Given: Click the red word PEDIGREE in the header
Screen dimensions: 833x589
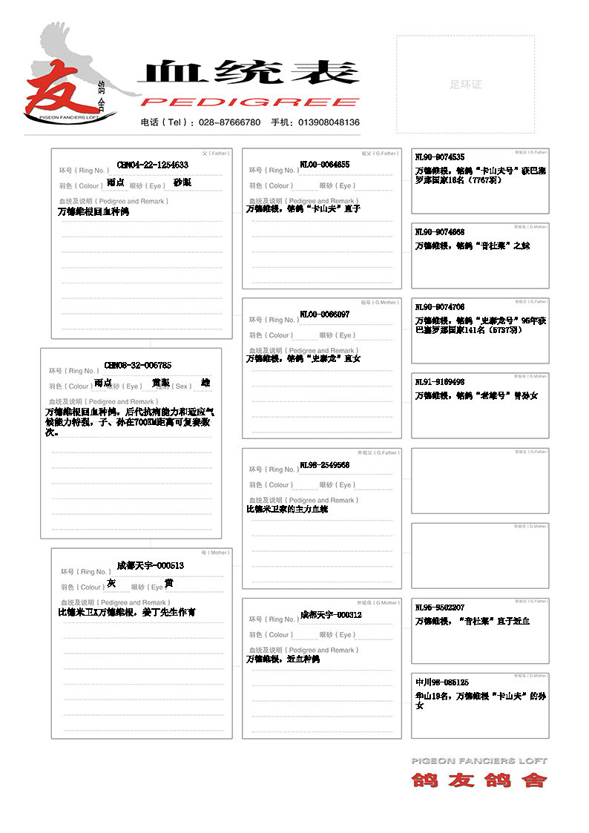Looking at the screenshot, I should pyautogui.click(x=249, y=102).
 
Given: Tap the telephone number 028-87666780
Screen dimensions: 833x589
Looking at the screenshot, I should pyautogui.click(x=231, y=122).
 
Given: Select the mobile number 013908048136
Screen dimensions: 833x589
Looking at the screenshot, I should pyautogui.click(x=330, y=122).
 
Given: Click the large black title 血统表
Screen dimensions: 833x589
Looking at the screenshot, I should pyautogui.click(x=248, y=73).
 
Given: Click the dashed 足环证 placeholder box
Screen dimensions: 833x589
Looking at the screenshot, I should pyautogui.click(x=465, y=84).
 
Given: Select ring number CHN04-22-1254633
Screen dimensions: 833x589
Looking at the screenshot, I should pyautogui.click(x=153, y=165).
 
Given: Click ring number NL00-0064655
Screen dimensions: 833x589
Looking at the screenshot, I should pyautogui.click(x=325, y=165).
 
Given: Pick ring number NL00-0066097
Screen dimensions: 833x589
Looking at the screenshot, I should pyautogui.click(x=325, y=315).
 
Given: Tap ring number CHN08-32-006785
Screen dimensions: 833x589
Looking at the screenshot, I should pyautogui.click(x=138, y=366).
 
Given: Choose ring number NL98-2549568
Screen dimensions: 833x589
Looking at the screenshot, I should pyautogui.click(x=325, y=465).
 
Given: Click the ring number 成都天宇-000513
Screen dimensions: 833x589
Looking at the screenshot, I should pyautogui.click(x=151, y=565).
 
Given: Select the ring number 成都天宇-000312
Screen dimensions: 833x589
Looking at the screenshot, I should pyautogui.click(x=331, y=615).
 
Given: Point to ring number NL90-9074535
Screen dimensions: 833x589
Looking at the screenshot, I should pyautogui.click(x=440, y=157).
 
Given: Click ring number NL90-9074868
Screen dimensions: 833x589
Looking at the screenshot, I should pyautogui.click(x=440, y=232).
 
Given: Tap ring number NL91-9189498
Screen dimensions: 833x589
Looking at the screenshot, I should pyautogui.click(x=440, y=382).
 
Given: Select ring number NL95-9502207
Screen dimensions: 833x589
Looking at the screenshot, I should pyautogui.click(x=440, y=608).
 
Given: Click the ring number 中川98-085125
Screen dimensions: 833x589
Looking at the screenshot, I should pyautogui.click(x=442, y=682).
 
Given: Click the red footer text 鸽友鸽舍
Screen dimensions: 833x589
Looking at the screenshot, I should pyautogui.click(x=479, y=780).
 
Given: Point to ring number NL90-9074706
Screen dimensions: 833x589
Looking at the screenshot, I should pyautogui.click(x=440, y=307).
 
